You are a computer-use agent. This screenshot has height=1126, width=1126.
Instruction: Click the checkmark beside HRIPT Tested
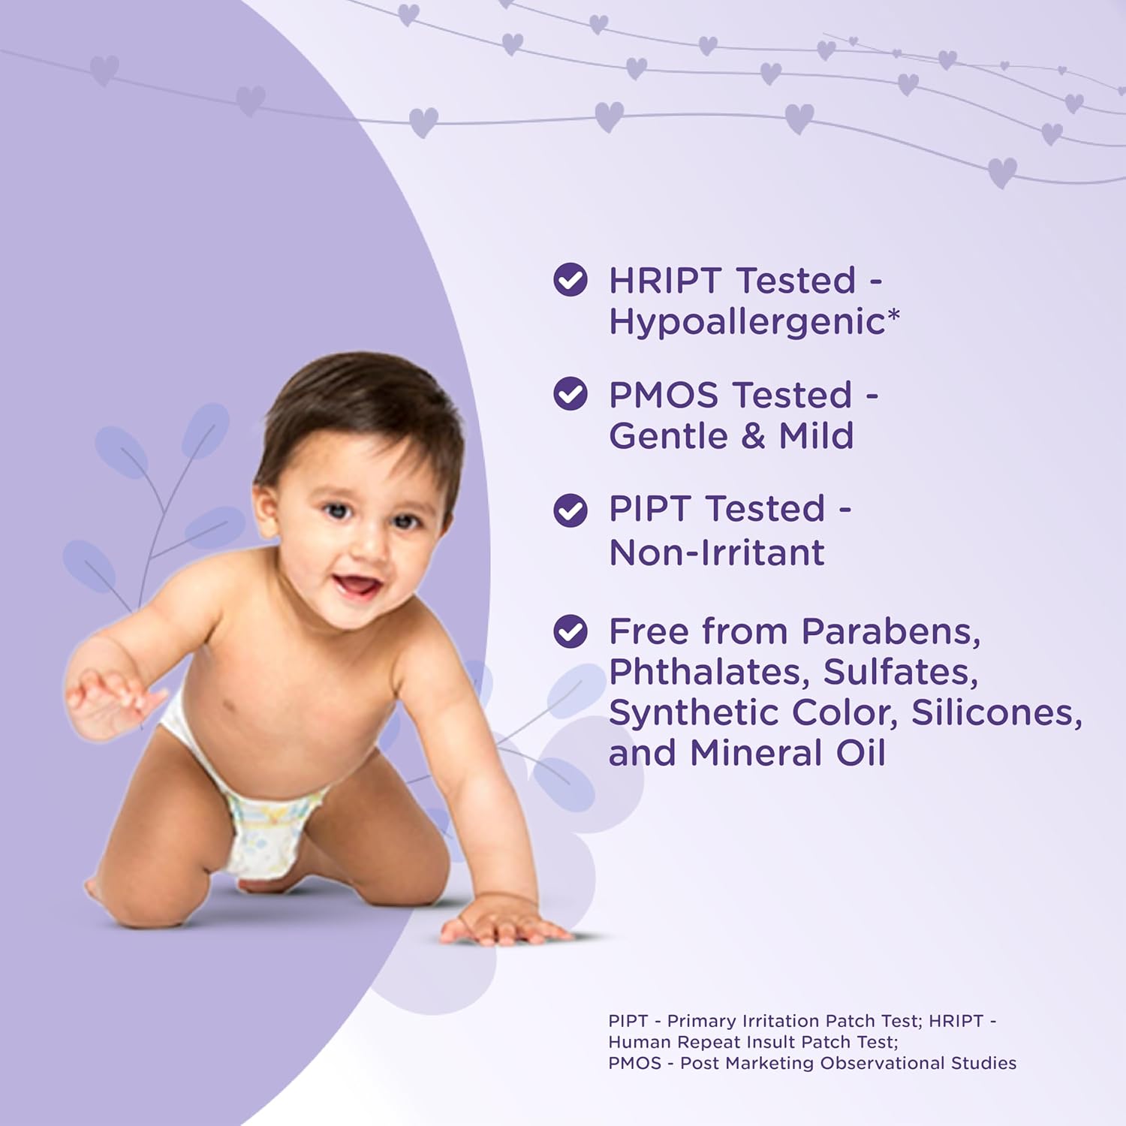[571, 280]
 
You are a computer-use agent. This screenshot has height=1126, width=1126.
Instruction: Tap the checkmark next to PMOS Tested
[571, 394]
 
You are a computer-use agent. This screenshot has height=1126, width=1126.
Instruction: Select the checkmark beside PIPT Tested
[571, 510]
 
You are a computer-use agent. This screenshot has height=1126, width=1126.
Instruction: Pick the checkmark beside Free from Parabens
[571, 631]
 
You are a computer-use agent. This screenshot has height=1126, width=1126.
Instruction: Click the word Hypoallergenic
[747, 323]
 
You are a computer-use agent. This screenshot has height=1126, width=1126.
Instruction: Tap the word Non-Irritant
[717, 552]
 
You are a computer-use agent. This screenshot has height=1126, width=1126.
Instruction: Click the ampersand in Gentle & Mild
[753, 436]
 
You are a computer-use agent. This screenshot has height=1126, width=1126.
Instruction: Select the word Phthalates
[709, 673]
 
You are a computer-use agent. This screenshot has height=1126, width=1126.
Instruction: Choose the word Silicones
[997, 713]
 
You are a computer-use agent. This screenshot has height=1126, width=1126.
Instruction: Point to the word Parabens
[891, 632]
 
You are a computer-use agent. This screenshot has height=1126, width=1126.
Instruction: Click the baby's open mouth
[356, 585]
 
